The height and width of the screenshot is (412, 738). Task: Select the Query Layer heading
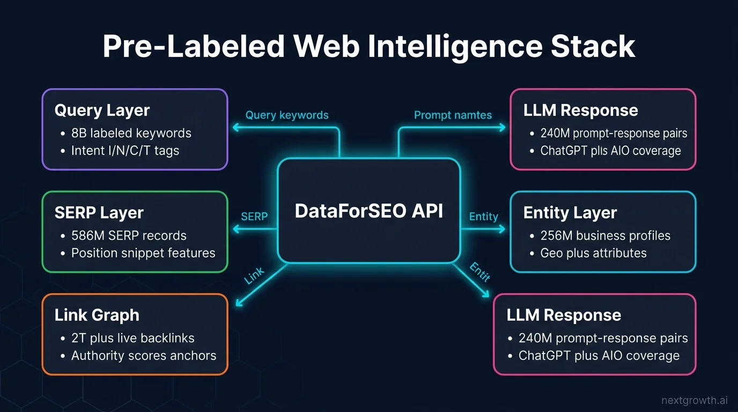pyautogui.click(x=102, y=111)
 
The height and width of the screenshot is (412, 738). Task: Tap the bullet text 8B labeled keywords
pyautogui.click(x=131, y=133)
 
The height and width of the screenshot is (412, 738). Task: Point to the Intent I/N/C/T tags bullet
pyautogui.click(x=125, y=151)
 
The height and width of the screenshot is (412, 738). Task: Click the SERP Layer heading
pyautogui.click(x=99, y=213)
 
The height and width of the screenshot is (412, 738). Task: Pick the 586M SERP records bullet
pyautogui.click(x=129, y=236)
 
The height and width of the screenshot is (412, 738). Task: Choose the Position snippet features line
pyautogui.click(x=143, y=253)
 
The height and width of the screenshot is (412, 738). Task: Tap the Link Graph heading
pyautogui.click(x=97, y=315)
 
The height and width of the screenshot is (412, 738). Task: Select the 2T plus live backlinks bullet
pyautogui.click(x=132, y=338)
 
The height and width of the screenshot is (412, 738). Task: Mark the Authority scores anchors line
pyautogui.click(x=143, y=356)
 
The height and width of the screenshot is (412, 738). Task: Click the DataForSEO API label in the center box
pyautogui.click(x=369, y=211)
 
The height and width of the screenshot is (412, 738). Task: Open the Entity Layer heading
pyautogui.click(x=570, y=213)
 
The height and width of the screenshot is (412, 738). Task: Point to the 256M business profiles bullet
pyautogui.click(x=605, y=236)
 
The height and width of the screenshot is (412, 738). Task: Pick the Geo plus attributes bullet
pyautogui.click(x=593, y=253)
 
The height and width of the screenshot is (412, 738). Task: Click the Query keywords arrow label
pyautogui.click(x=287, y=115)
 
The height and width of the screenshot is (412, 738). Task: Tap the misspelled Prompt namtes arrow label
pyautogui.click(x=453, y=115)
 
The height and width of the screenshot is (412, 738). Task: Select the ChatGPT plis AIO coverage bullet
pyautogui.click(x=610, y=151)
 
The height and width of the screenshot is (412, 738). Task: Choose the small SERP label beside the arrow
pyautogui.click(x=254, y=216)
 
